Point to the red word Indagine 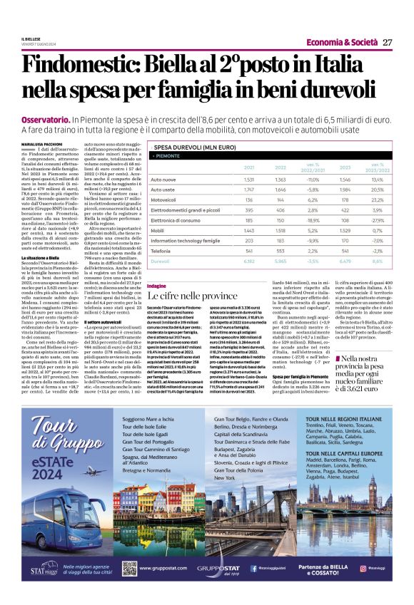(x=156, y=285)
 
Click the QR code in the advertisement (x=129, y=568)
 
